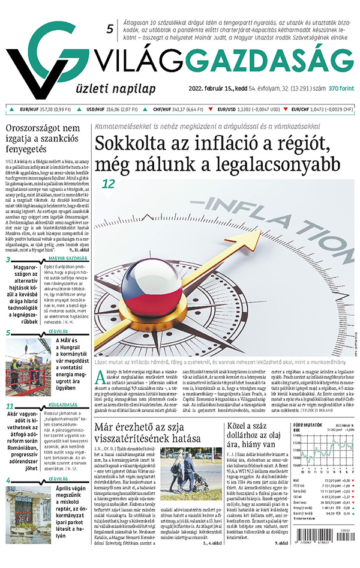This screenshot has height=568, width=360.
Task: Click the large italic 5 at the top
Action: pos(110,29)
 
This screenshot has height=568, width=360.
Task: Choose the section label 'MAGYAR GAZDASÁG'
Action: pos(67,259)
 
